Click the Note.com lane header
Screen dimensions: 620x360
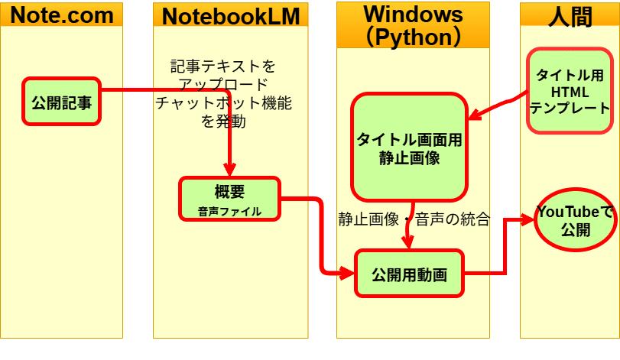pos(61,15)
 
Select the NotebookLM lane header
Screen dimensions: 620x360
pos(230,15)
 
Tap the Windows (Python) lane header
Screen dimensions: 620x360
pos(413,24)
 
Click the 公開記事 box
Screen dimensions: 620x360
pos(61,102)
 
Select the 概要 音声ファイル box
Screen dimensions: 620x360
pos(229,199)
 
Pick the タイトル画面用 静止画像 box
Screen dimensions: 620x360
pos(409,148)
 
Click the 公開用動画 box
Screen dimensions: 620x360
pos(409,273)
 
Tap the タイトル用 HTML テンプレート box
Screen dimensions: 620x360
pos(570,92)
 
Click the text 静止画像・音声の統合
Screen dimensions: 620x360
pos(414,219)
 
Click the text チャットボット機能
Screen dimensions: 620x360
pos(223,102)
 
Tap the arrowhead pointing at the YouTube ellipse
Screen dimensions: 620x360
pos(527,220)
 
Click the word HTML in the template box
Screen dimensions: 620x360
pos(570,92)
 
